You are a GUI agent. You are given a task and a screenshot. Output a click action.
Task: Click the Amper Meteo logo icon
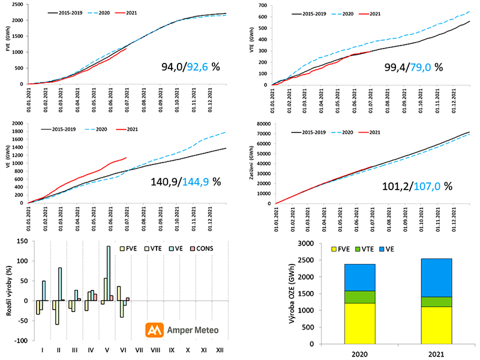(x=155, y=330)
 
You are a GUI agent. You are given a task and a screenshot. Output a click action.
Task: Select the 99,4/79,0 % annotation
(x=413, y=67)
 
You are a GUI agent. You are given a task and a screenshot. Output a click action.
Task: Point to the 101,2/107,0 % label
(x=416, y=186)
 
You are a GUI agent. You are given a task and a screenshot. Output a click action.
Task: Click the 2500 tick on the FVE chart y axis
(x=18, y=4)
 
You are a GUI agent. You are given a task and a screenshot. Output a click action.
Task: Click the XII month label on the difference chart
(x=221, y=349)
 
